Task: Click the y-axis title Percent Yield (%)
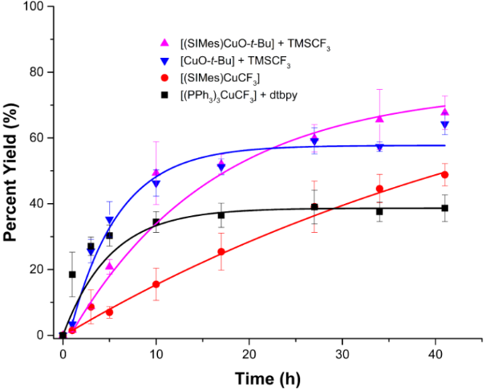[14, 172]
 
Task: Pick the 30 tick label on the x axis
[342, 352]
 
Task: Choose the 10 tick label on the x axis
[156, 352]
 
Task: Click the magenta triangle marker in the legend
[165, 43]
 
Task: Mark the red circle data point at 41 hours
[444, 174]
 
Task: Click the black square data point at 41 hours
[444, 208]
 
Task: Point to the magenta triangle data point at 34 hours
[379, 119]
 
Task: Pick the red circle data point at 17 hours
[221, 252]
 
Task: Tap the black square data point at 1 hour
[72, 275]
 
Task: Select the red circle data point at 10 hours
[156, 284]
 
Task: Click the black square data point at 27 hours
[314, 207]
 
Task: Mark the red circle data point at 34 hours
[379, 189]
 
